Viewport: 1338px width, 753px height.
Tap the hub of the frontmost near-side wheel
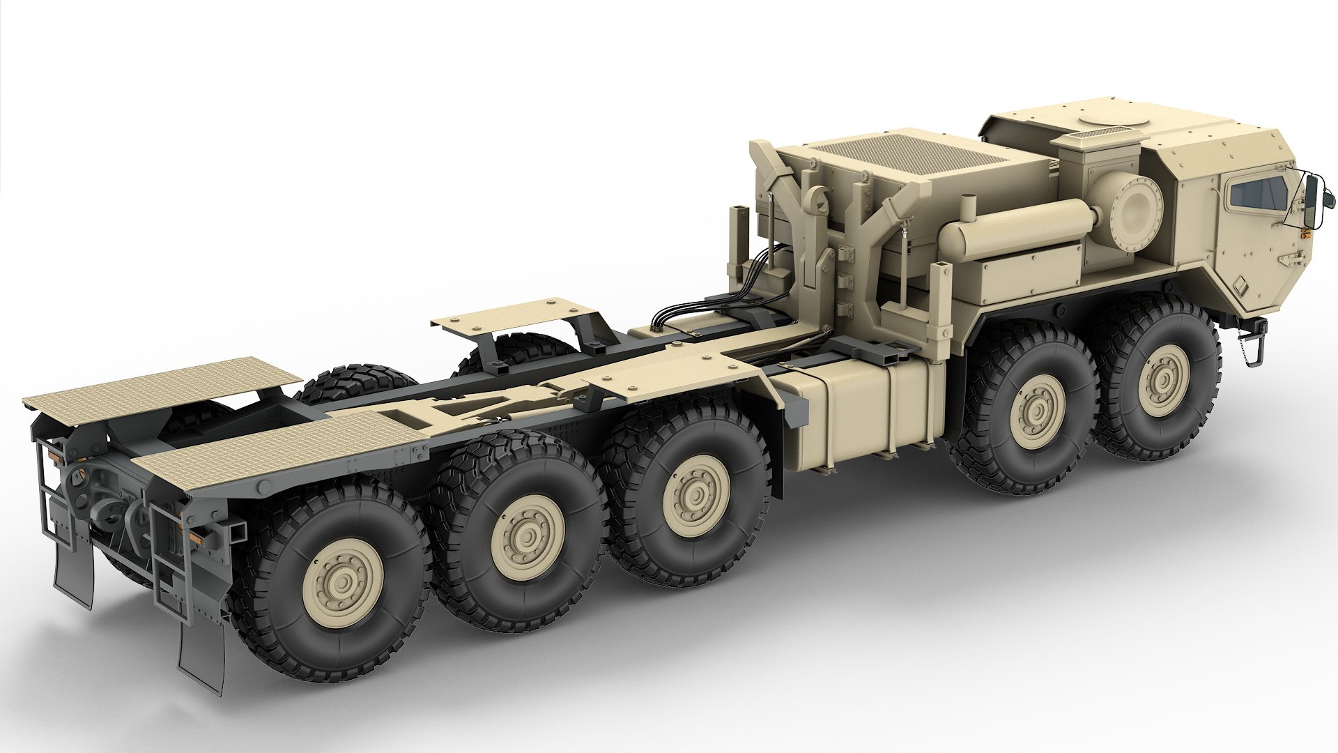pos(1162,379)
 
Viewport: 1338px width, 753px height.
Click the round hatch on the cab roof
pos(1109,121)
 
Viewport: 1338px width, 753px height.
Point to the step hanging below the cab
pos(1252,349)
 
